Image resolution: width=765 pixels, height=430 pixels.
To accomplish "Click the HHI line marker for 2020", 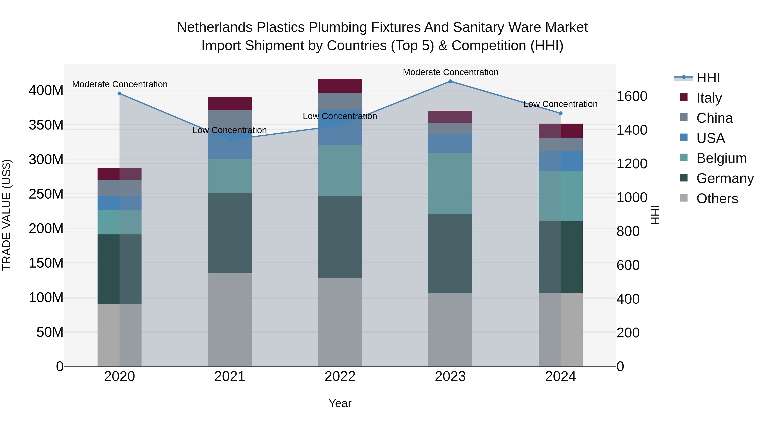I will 119,93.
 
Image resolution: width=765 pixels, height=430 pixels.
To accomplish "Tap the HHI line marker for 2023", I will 450,81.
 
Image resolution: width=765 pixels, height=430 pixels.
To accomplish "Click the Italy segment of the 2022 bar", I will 340,86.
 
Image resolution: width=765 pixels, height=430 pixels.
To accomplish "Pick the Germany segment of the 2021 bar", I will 229,233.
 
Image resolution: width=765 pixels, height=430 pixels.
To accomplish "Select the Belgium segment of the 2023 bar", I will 450,183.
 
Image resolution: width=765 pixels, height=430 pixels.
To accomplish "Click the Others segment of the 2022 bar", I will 340,322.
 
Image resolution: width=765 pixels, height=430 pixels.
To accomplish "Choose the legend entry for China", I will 714,118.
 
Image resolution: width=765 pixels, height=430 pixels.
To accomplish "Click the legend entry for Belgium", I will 721,158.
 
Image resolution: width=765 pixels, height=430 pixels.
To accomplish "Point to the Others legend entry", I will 717,199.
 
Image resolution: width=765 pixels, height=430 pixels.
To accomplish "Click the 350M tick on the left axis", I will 46,125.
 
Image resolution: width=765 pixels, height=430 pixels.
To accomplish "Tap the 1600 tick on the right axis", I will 632,96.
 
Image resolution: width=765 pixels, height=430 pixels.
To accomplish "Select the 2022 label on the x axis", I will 340,376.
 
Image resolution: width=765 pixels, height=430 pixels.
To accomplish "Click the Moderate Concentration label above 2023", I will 450,72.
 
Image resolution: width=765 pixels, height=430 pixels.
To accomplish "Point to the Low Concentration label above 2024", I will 560,104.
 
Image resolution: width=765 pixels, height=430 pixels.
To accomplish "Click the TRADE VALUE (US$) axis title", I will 7,215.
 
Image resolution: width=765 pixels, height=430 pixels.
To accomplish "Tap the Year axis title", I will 340,403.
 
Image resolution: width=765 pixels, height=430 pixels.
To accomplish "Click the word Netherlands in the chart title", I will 214,27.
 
